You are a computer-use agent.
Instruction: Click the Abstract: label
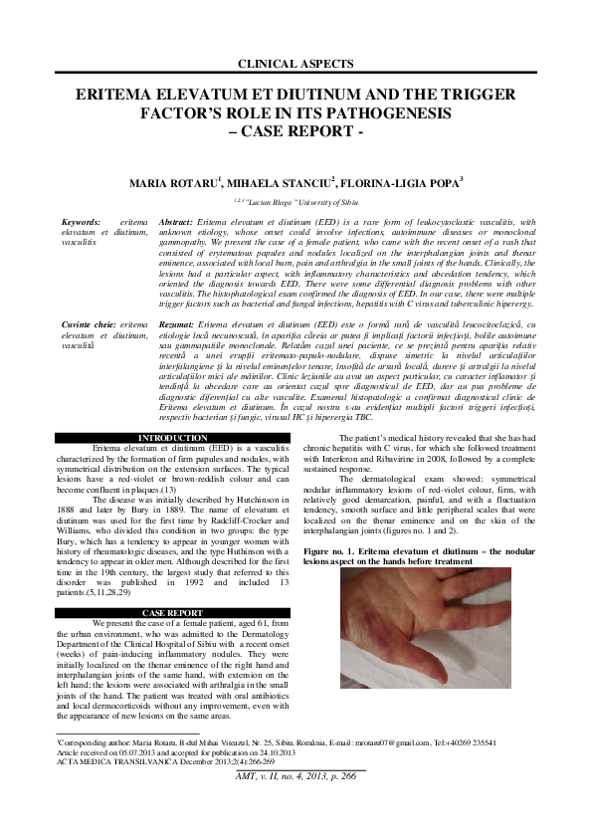coord(176,221)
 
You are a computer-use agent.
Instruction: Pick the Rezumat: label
coord(177,325)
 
